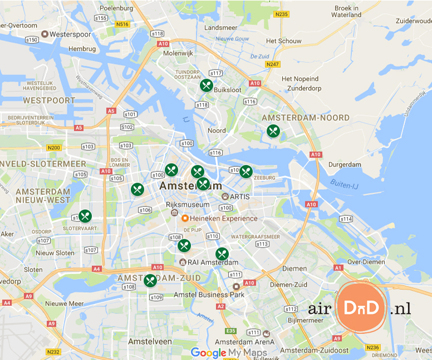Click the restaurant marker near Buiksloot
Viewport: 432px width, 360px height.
pyautogui.click(x=207, y=85)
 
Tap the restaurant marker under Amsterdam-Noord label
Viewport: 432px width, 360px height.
pyautogui.click(x=273, y=131)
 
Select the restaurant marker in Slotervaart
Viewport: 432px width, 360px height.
pyautogui.click(x=85, y=216)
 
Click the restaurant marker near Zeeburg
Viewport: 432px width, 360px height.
pyautogui.click(x=246, y=171)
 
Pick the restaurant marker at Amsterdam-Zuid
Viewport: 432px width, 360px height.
pyautogui.click(x=150, y=280)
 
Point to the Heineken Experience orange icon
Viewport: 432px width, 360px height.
pyautogui.click(x=185, y=218)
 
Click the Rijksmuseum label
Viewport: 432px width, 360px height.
pyautogui.click(x=180, y=205)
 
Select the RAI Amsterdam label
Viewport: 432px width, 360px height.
pyautogui.click(x=214, y=263)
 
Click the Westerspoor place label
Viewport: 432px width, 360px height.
pyautogui.click(x=70, y=34)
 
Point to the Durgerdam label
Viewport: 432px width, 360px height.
pyautogui.click(x=345, y=165)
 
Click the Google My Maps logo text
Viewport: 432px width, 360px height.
pyautogui.click(x=229, y=353)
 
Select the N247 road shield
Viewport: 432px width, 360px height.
pyautogui.click(x=272, y=65)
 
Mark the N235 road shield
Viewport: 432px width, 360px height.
pyautogui.click(x=281, y=14)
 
